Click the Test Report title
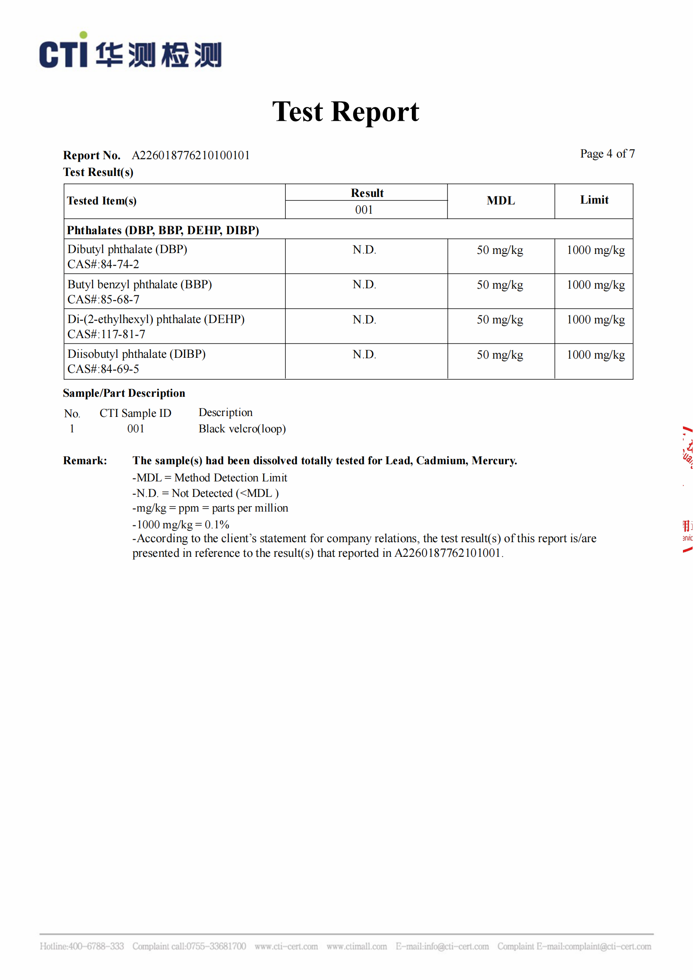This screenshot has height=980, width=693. point(346,112)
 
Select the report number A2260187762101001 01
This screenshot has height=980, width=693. point(191,155)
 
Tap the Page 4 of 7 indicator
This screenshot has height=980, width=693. point(607,154)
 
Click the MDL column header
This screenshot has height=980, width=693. point(501,201)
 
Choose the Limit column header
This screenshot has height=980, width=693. point(594,200)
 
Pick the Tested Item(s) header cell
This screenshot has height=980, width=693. point(102,201)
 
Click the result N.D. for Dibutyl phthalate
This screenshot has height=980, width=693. point(364,250)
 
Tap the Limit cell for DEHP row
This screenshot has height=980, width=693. point(595,320)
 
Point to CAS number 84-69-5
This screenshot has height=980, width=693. point(103,369)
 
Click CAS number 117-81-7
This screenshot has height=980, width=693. point(106,334)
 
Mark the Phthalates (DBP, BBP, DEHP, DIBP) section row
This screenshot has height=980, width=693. point(163,230)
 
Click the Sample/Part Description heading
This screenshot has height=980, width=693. point(124,393)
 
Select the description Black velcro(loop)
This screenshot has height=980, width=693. point(242,429)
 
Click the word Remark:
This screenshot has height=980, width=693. point(85,460)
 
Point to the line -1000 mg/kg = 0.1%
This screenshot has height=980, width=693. point(181,524)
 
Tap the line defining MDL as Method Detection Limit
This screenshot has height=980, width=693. point(210,478)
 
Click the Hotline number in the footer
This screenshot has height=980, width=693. point(82,946)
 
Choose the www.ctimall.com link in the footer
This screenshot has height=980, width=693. point(356,946)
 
